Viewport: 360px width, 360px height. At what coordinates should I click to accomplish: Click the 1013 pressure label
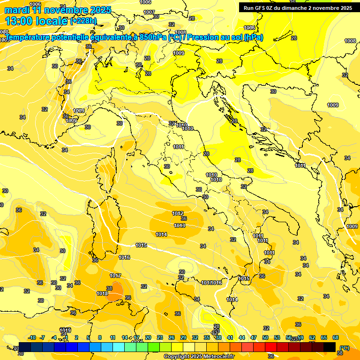click(180, 225)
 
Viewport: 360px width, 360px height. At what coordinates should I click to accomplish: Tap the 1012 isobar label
click(178, 213)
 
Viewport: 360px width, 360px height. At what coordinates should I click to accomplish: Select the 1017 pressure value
click(115, 276)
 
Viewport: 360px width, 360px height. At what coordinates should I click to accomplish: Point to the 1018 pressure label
click(102, 293)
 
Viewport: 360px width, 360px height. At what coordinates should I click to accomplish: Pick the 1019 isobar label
click(65, 330)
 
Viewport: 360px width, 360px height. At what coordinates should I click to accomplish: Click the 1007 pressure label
click(149, 12)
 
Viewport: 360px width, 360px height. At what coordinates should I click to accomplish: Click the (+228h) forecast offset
click(83, 21)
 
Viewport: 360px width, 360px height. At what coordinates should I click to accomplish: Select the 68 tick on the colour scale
click(336, 337)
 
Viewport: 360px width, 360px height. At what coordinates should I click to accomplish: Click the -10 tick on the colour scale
click(32, 337)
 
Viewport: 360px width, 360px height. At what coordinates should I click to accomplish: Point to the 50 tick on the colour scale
click(265, 337)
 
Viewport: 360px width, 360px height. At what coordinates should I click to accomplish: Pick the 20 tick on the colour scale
click(148, 337)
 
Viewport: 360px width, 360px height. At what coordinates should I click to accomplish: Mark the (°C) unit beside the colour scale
click(345, 348)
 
